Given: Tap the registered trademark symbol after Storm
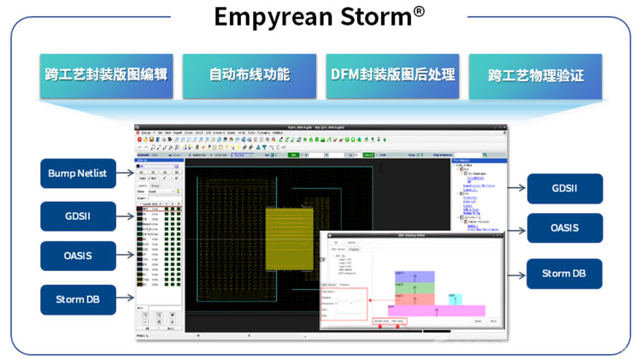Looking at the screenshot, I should pos(419,11).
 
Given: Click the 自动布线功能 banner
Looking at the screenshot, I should pos(249,74).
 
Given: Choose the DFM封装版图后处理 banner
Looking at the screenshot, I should pos(391,74).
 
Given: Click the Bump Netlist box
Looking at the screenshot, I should pos(78,174).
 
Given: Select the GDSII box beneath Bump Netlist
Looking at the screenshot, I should pos(78,215).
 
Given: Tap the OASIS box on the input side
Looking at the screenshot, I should pos(78,257).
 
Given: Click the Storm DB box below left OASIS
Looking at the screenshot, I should pos(78,299).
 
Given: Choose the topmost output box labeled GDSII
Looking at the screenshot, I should pos(564,188).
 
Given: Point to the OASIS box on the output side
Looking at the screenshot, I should pos(564,228).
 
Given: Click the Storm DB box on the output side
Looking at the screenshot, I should pos(564,274).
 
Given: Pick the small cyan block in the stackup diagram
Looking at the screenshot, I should pos(456,299).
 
